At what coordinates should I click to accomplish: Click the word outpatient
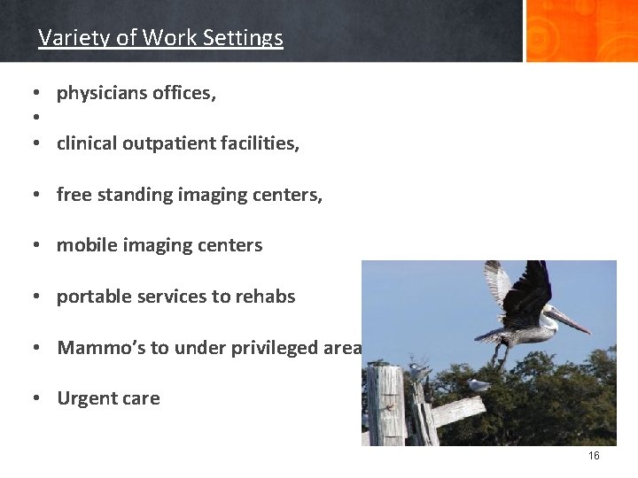[156, 143]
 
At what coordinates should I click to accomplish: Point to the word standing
[127, 195]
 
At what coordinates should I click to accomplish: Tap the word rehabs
[265, 297]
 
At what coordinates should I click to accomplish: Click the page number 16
[594, 456]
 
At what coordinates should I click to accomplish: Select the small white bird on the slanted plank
[478, 385]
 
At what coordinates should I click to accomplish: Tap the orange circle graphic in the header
[580, 31]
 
